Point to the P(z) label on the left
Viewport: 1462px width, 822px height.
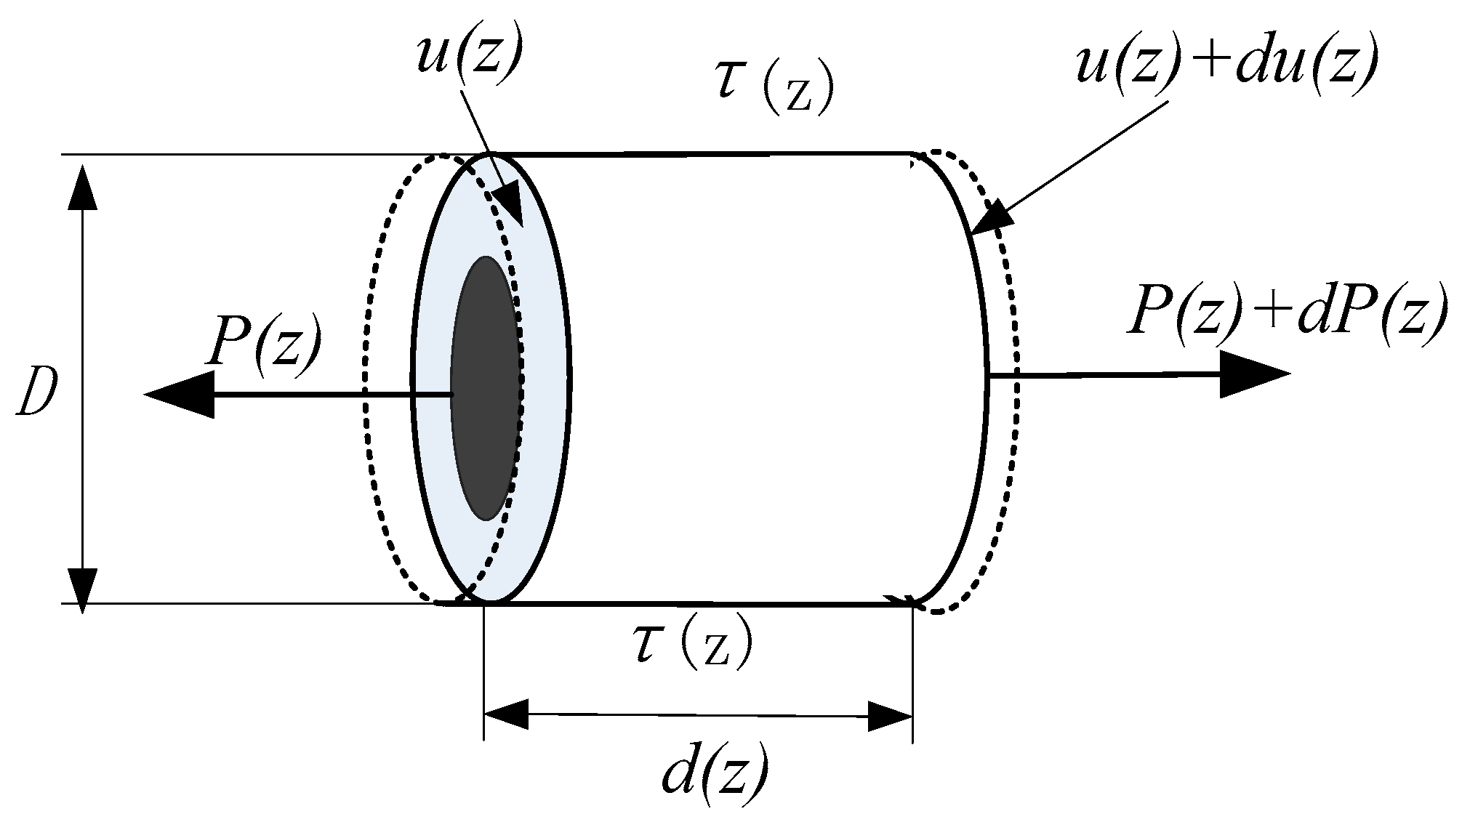pyautogui.click(x=262, y=342)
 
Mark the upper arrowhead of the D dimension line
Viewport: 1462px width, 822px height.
pyautogui.click(x=84, y=188)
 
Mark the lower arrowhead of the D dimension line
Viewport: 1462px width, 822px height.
pyautogui.click(x=84, y=586)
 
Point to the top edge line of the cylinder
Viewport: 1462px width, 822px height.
pyautogui.click(x=698, y=154)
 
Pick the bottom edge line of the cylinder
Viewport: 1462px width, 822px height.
pyautogui.click(x=698, y=603)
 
